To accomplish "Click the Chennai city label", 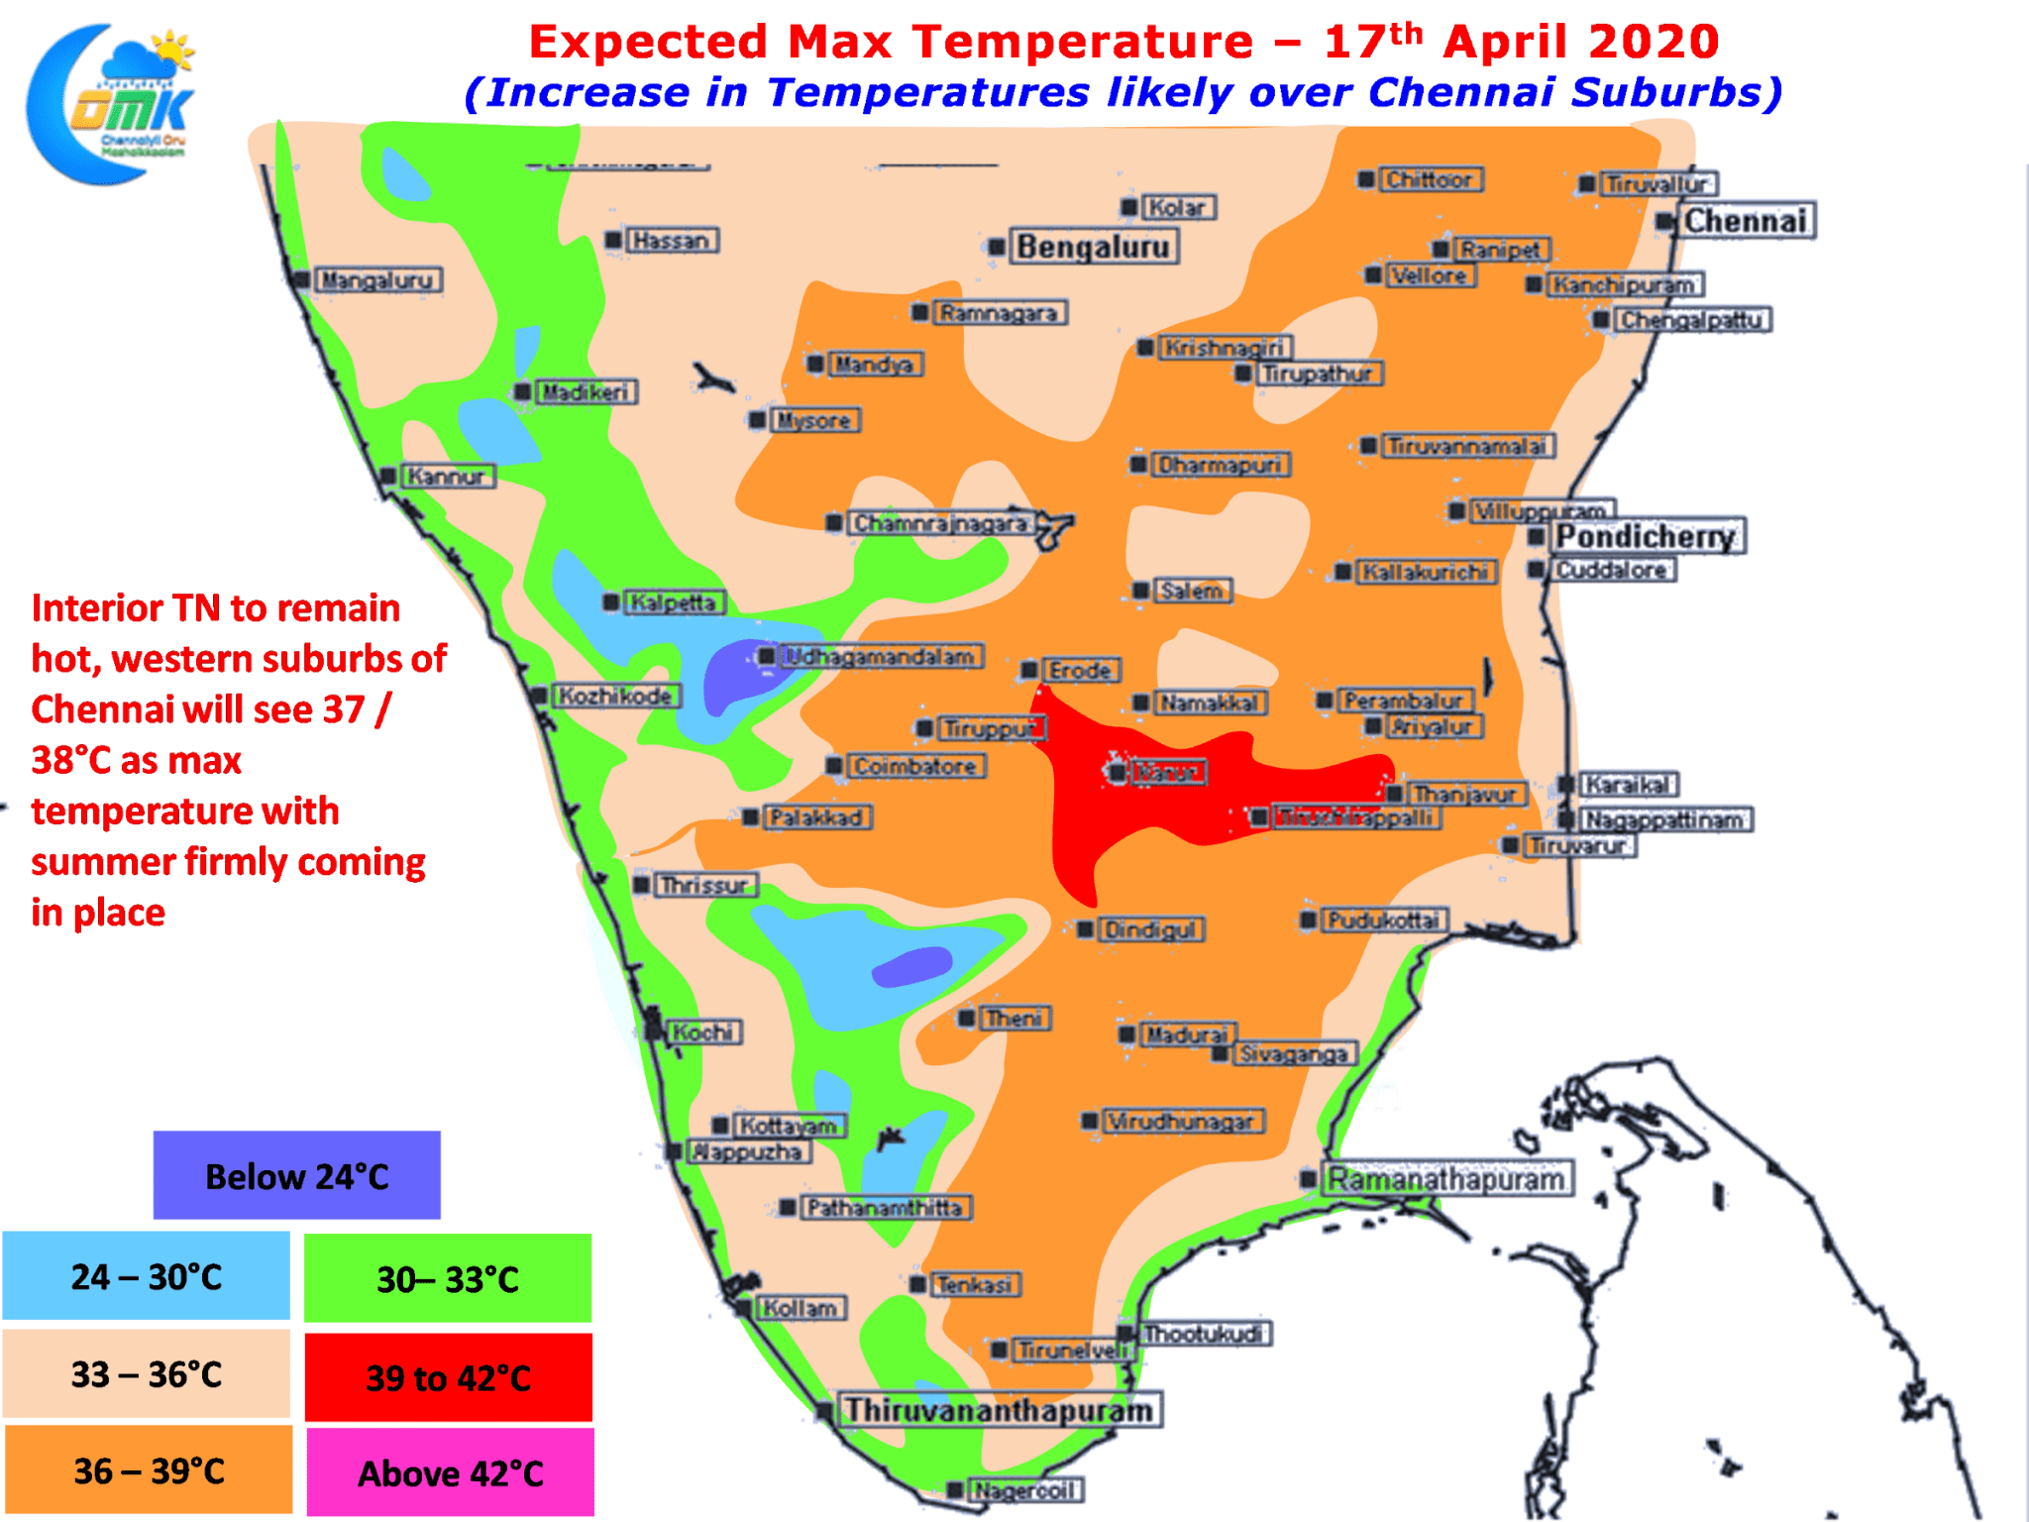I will pos(1746,221).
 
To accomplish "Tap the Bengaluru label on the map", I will pos(1093,247).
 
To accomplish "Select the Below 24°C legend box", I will pos(296,1175).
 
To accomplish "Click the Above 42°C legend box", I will pos(450,1472).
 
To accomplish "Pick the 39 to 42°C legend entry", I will pos(448,1377).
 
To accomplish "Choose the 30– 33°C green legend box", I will pos(448,1278).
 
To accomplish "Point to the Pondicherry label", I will pos(1646,536).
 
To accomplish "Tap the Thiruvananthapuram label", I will pos(999,1409).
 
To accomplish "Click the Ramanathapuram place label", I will pos(1445,1179).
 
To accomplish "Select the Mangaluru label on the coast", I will pos(377,280).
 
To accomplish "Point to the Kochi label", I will pos(702,1033).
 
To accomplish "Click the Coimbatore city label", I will pos(914,766).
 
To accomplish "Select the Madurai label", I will pos(1187,1034).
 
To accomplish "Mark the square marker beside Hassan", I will pos(613,240).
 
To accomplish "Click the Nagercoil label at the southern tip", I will pos(1024,1490).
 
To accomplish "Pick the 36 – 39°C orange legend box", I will pos(149,1470).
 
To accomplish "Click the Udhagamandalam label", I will pos(879,656).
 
